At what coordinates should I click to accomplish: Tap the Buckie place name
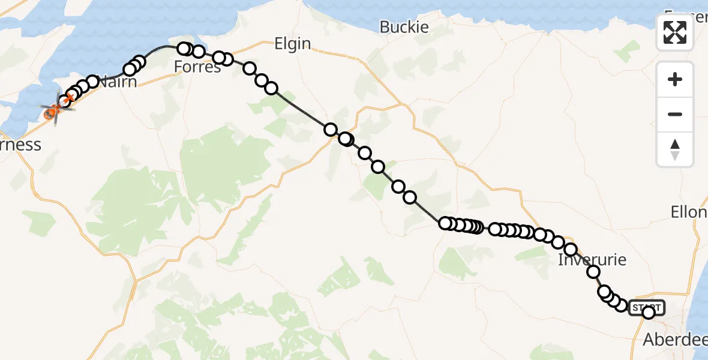pos(404,27)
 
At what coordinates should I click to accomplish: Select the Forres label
pos(197,67)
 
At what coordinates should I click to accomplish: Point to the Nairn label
pos(118,82)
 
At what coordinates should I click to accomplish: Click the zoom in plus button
pos(675,79)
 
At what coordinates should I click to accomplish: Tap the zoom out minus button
pos(675,114)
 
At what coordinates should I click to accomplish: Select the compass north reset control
pos(675,149)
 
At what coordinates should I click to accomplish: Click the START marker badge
pos(646,308)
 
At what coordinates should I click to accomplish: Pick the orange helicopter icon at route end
pos(52,110)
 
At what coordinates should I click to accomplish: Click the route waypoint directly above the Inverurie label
pos(571,250)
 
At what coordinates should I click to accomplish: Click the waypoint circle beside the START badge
pos(649,312)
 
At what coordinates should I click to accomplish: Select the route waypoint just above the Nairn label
pos(92,81)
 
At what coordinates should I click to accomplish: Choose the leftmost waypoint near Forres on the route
pos(184,48)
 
